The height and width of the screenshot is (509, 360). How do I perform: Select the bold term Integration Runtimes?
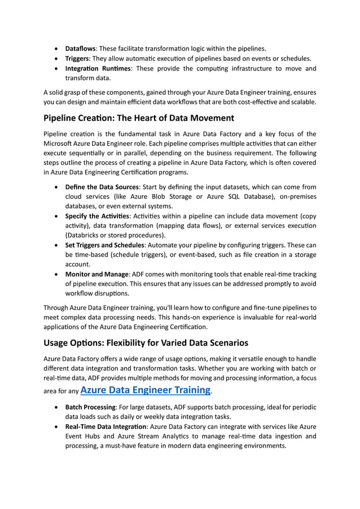pos(98,69)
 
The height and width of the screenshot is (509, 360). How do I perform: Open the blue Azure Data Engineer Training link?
pos(146,389)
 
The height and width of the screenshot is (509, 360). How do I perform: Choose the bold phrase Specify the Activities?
pos(98,216)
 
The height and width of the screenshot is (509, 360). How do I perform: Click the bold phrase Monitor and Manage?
pos(97,275)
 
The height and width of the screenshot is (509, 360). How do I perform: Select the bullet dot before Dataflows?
pos(57,49)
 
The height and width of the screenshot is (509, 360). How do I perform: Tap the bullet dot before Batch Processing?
pos(57,408)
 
